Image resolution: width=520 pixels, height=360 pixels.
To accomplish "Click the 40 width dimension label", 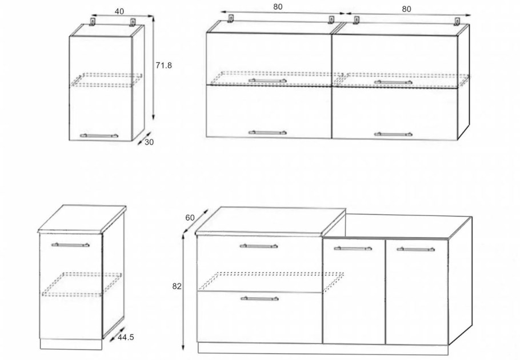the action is point(119,11).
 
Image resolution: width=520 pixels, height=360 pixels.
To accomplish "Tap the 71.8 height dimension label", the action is point(164,66).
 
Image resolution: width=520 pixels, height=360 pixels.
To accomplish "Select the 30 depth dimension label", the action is point(149,142).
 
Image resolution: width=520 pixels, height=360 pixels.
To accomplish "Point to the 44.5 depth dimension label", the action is point(126,338).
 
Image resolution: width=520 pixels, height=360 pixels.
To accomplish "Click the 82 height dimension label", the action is point(177,286).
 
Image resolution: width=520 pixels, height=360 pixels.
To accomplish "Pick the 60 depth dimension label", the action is point(190,218).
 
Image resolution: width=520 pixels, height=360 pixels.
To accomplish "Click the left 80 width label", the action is point(278,7).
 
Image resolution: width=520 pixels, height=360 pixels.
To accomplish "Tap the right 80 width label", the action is point(406,9).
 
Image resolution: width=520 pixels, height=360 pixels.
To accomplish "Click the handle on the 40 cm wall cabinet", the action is point(99,135).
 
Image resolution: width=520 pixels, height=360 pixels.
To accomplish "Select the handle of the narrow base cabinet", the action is point(70,245).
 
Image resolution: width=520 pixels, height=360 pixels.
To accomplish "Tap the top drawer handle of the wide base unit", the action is point(259,246).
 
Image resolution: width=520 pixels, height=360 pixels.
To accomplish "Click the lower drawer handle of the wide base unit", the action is point(259,298).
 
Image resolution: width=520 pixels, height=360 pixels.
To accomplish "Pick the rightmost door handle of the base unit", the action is point(415,249).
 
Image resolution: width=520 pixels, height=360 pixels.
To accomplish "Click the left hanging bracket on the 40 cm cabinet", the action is point(93,22).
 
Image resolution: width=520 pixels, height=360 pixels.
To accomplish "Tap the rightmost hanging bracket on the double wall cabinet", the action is point(458,21).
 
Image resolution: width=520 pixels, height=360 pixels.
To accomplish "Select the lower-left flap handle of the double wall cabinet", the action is point(267,133).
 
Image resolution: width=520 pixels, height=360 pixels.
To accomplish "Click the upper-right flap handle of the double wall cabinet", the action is point(393,82).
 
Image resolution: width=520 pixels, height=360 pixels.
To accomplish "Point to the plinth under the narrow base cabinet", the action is point(71,344).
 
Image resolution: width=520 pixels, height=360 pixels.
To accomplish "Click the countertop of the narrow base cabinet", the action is point(82,219).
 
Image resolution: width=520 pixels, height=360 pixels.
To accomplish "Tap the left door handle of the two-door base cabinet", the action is point(353,248).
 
